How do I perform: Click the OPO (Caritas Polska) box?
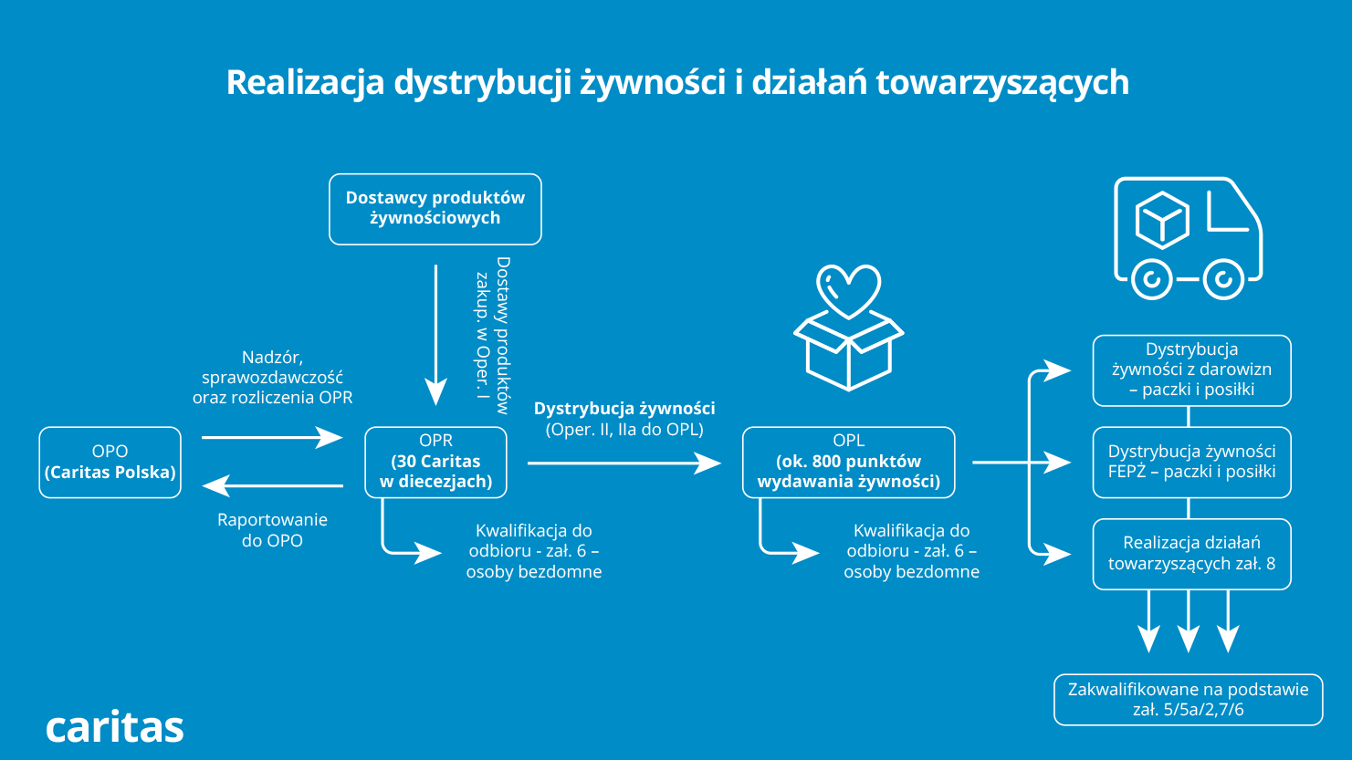tap(110, 463)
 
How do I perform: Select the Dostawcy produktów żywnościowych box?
tap(435, 209)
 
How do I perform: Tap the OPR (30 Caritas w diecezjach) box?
tap(435, 463)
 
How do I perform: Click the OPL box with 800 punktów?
tap(849, 463)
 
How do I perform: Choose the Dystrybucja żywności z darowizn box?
tap(1191, 370)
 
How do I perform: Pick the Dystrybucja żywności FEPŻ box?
tap(1191, 463)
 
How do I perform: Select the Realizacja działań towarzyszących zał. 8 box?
tap(1191, 554)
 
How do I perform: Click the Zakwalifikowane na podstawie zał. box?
tap(1188, 700)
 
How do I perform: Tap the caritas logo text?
tap(115, 727)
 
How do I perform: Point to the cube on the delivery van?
tap(1162, 220)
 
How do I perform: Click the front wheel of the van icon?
tap(1223, 278)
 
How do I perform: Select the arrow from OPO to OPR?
tap(271, 438)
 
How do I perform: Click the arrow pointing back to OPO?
tap(271, 485)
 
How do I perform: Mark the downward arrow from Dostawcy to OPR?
tap(435, 333)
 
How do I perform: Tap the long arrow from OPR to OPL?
tap(624, 463)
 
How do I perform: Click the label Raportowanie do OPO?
tap(272, 530)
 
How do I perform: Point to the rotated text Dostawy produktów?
tap(503, 335)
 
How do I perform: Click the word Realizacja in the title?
tap(305, 82)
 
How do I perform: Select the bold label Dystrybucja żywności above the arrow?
tap(624, 409)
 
